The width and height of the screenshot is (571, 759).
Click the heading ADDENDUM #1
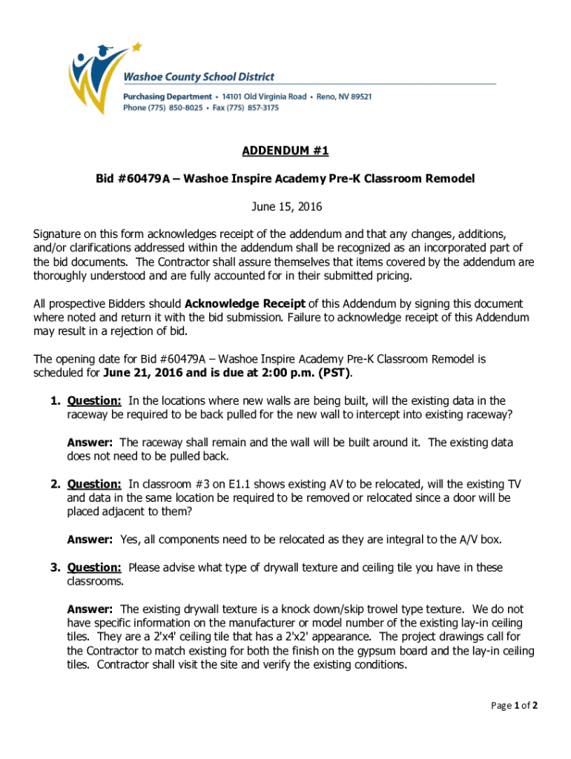[285, 151]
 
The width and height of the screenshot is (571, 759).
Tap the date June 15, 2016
[285, 206]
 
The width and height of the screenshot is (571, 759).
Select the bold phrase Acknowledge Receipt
[244, 304]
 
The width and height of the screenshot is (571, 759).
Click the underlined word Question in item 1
[94, 401]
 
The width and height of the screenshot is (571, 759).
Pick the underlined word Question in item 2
[94, 485]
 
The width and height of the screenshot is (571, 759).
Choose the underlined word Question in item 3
[94, 568]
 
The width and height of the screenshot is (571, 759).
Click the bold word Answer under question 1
[90, 443]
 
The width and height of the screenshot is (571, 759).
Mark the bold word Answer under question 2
[90, 540]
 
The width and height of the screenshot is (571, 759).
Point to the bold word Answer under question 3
[90, 609]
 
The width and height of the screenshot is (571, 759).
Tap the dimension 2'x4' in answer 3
[160, 637]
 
